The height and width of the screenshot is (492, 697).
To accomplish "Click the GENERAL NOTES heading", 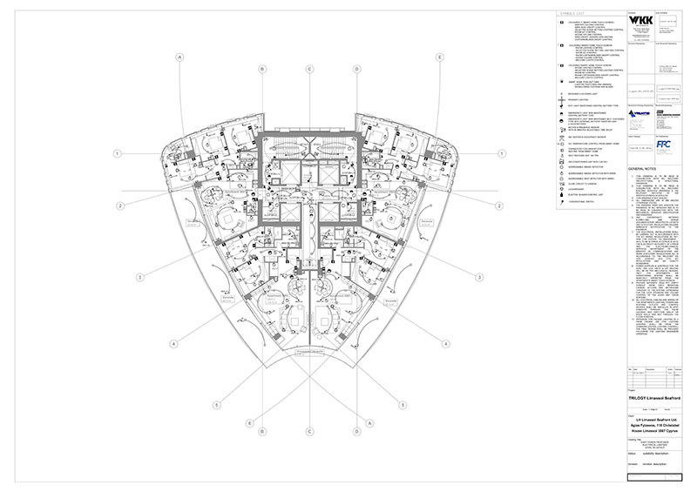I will (x=643, y=166).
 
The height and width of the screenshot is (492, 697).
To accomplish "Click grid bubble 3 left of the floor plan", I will (x=140, y=277).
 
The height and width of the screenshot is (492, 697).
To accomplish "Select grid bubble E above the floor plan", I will (x=441, y=57).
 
